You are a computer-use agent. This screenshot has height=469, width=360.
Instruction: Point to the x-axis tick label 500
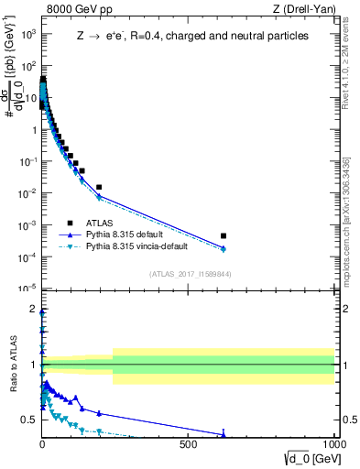[189, 444]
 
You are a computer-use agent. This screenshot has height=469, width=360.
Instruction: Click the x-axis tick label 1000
[332, 444]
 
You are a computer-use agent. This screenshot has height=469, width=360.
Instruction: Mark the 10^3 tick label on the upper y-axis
[27, 34]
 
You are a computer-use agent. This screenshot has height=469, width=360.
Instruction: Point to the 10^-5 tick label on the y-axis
[27, 289]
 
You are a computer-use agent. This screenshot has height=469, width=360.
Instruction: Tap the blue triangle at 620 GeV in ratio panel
[224, 434]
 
